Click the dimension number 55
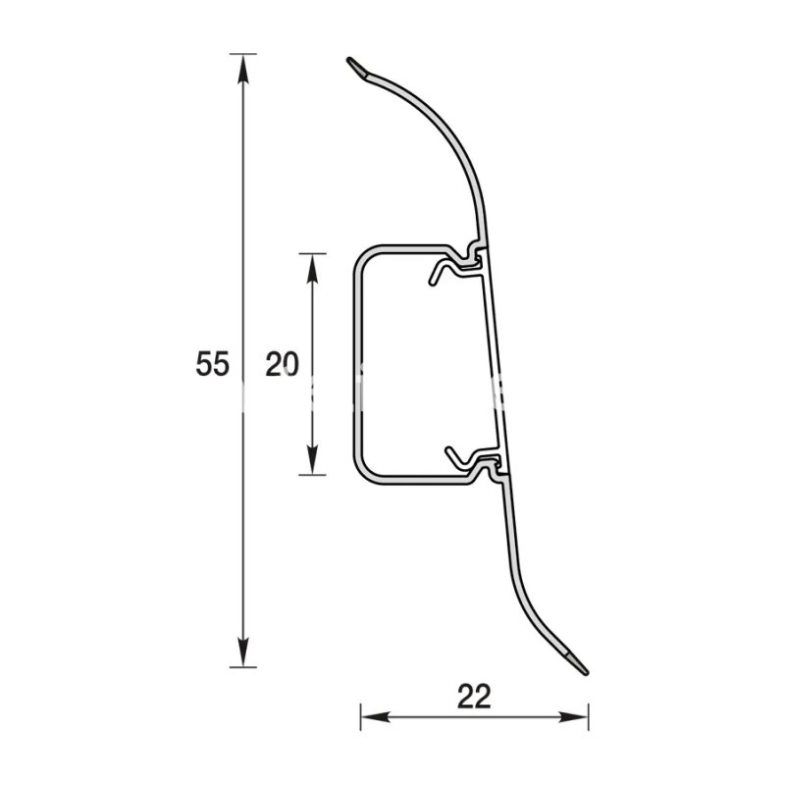pyautogui.click(x=212, y=364)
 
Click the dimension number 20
pyautogui.click(x=282, y=364)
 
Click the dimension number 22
pyautogui.click(x=474, y=697)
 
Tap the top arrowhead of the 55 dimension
pyautogui.click(x=243, y=69)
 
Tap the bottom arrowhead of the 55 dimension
pyautogui.click(x=243, y=652)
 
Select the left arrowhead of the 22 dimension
pyautogui.click(x=376, y=717)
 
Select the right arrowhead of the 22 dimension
pyautogui.click(x=574, y=717)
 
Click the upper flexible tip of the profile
pyautogui.click(x=356, y=68)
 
